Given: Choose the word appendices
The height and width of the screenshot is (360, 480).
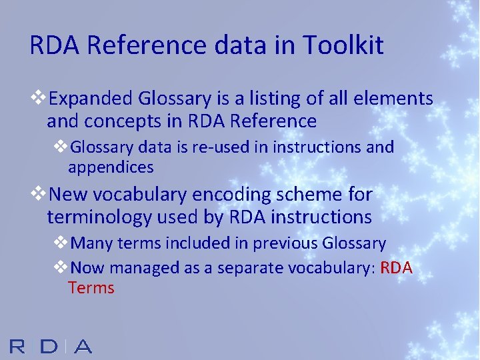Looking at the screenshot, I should pyautogui.click(x=111, y=167).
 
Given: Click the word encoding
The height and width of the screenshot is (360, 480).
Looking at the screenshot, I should pyautogui.click(x=221, y=195).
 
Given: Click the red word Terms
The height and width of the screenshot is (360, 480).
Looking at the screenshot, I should pyautogui.click(x=91, y=288).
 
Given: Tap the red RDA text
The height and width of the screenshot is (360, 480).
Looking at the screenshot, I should pyautogui.click(x=399, y=268).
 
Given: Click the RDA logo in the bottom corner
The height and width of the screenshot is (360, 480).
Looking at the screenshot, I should pyautogui.click(x=51, y=346).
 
